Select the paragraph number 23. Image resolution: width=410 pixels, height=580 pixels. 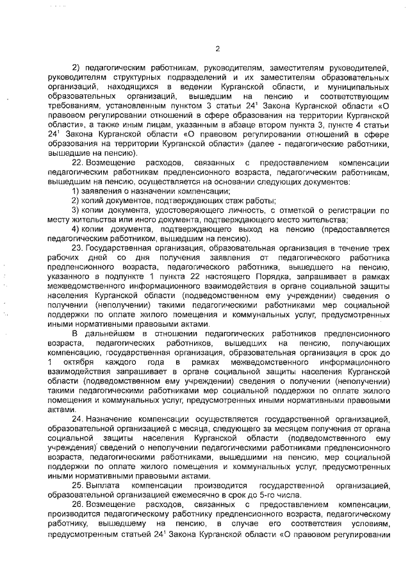(x=78, y=246)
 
